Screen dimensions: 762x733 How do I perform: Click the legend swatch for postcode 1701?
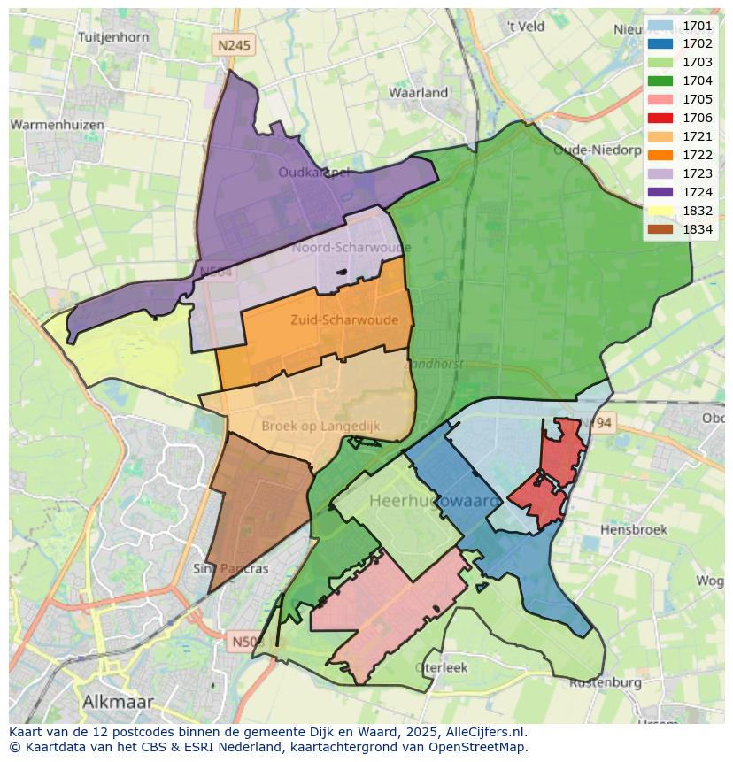(x=660, y=25)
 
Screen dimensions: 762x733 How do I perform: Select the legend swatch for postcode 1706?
(x=660, y=118)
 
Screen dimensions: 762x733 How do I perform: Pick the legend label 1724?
(x=698, y=192)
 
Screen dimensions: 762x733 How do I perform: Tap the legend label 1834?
(x=698, y=229)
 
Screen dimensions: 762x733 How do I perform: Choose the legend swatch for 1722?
(x=660, y=155)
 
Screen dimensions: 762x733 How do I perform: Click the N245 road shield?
(x=235, y=43)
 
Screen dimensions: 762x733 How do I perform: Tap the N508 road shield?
(x=243, y=641)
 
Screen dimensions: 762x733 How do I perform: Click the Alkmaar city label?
(x=118, y=702)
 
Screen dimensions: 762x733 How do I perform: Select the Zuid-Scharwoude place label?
(x=343, y=320)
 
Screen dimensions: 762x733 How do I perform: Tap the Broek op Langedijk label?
(x=320, y=426)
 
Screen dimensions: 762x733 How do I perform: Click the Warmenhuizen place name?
(x=57, y=125)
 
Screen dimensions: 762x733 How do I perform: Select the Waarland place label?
(x=418, y=92)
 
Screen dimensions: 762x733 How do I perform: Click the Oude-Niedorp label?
(x=597, y=150)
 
